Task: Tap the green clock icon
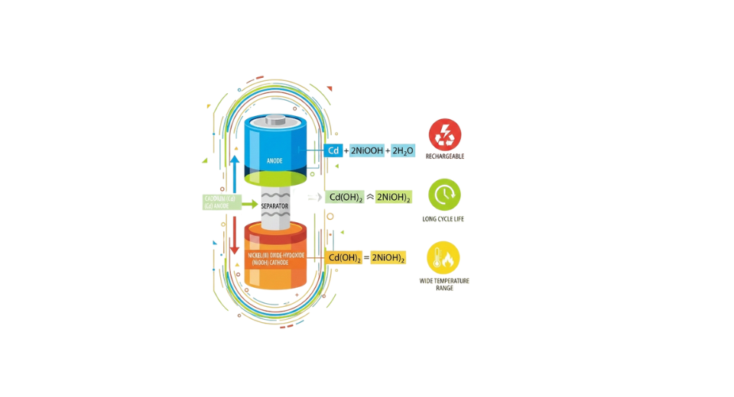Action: click(x=444, y=195)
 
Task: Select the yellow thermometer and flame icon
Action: click(x=443, y=257)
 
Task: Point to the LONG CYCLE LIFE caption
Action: click(x=444, y=219)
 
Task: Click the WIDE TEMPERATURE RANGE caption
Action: click(x=444, y=284)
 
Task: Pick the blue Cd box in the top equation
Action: click(x=333, y=150)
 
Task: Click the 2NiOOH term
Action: click(x=368, y=150)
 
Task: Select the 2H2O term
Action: click(x=402, y=150)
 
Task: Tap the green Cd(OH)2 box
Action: click(x=344, y=197)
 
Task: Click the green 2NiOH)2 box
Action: click(x=394, y=197)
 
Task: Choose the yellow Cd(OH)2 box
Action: click(x=344, y=257)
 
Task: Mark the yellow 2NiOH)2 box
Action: click(x=388, y=257)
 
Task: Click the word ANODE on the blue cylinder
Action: click(x=274, y=161)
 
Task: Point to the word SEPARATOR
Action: click(x=274, y=206)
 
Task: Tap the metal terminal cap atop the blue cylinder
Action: click(x=275, y=121)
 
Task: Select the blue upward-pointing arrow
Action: click(x=234, y=168)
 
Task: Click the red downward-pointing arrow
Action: click(x=234, y=233)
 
